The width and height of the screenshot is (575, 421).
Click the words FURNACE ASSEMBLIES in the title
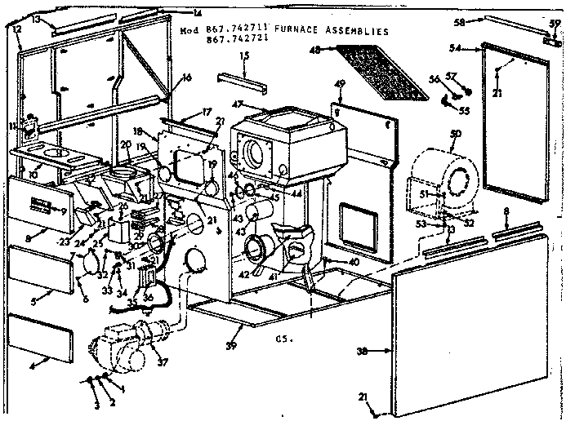[x=336, y=30]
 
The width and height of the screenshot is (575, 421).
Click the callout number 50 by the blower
[x=455, y=133]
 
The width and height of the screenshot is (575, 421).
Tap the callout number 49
[x=341, y=84]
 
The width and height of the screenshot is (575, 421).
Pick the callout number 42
[x=243, y=274]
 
